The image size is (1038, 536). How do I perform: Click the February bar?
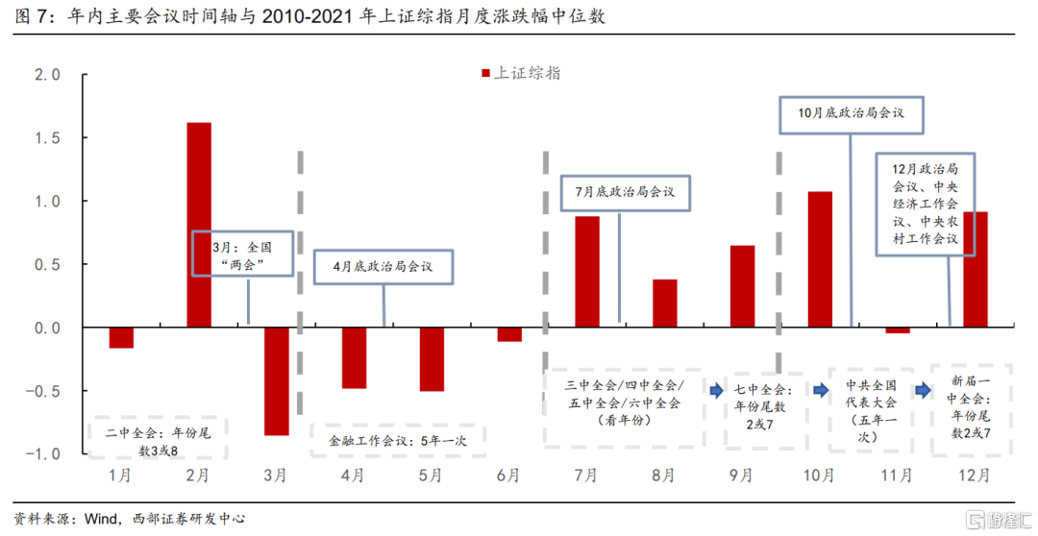pos(198,225)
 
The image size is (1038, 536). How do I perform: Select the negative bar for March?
pos(276,381)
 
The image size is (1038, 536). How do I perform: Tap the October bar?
pos(820,259)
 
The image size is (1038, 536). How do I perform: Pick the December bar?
pos(975,270)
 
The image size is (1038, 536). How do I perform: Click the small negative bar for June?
pos(509,334)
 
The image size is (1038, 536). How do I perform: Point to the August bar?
pos(665,304)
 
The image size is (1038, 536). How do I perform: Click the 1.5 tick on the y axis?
pos(48,138)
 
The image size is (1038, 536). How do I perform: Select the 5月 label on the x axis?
pos(431,475)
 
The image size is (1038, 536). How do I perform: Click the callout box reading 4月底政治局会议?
pos(383,266)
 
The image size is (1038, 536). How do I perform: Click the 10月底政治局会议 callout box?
pos(851,112)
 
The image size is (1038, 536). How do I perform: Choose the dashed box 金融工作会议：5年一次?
pos(398,441)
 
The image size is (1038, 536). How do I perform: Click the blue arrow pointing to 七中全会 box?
pos(716,390)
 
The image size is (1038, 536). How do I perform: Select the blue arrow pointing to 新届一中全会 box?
pos(923,390)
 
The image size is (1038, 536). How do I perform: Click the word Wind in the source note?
pos(102,519)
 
